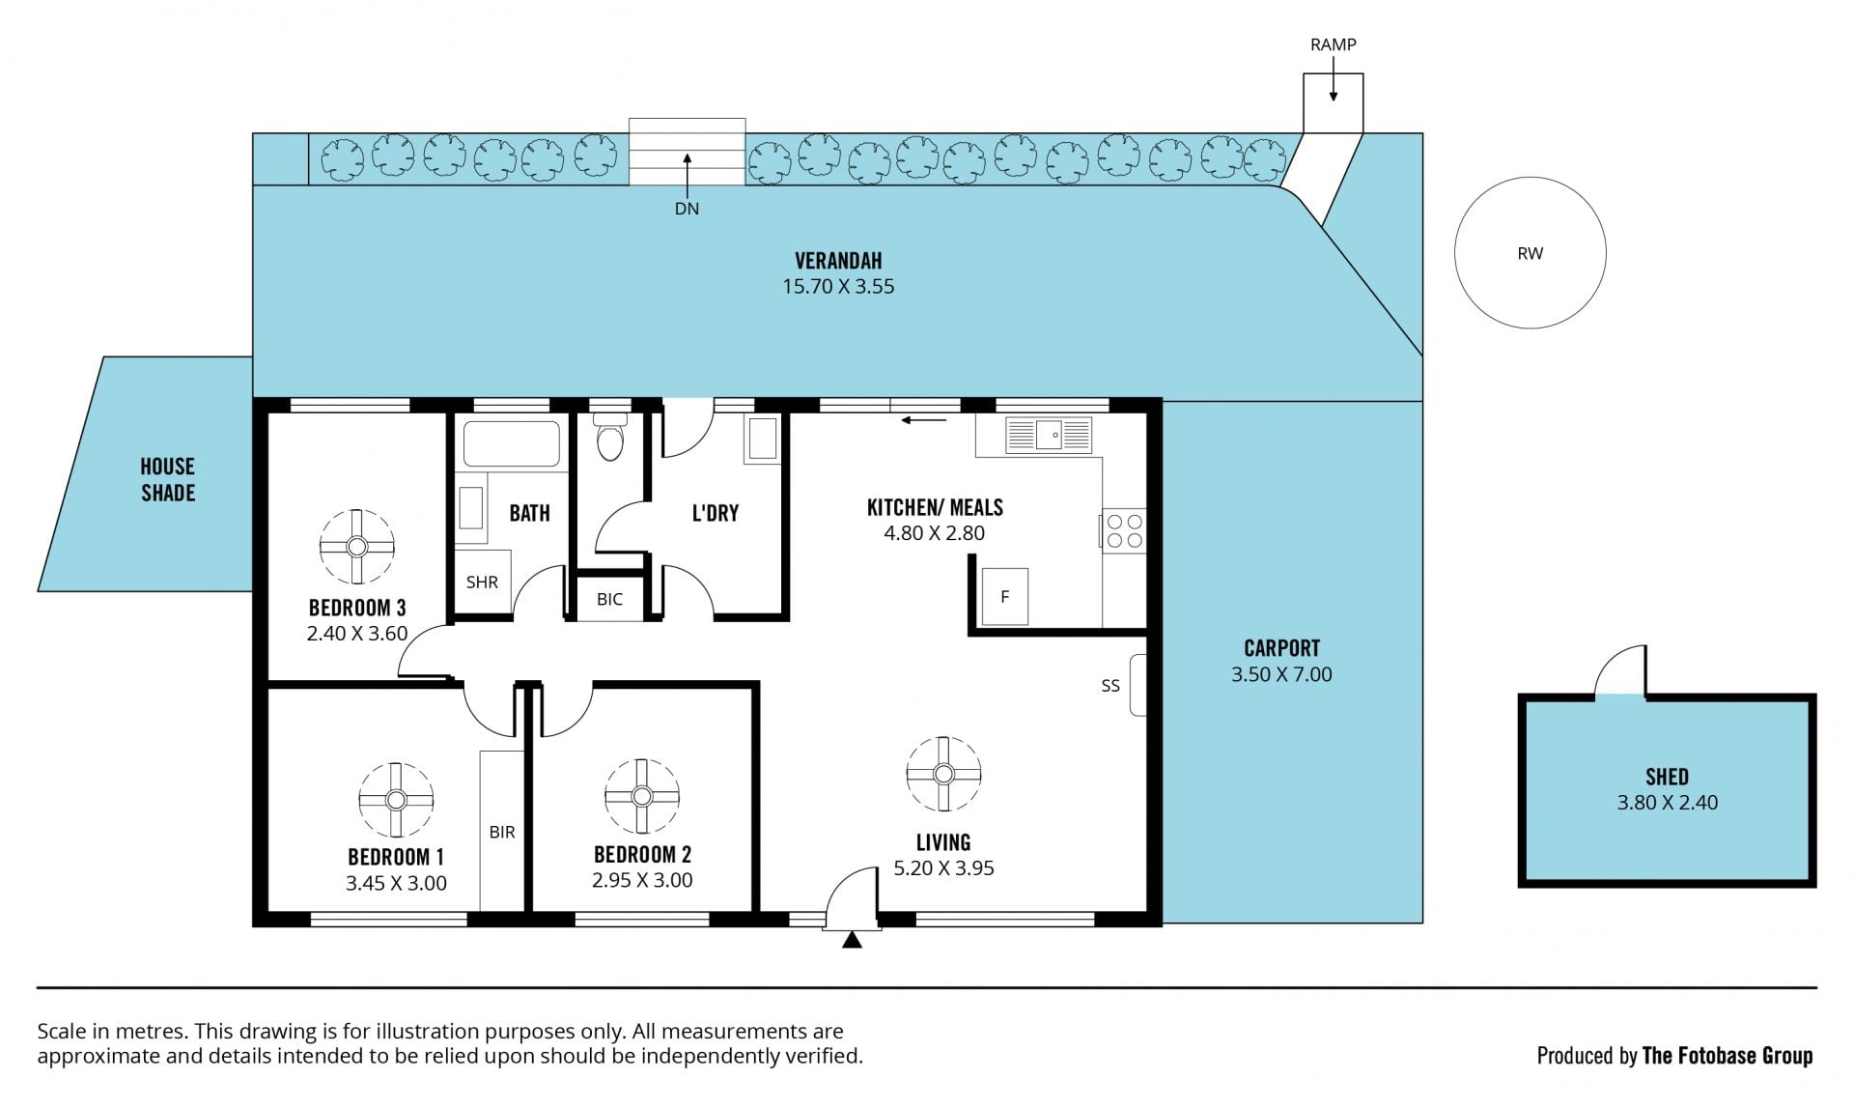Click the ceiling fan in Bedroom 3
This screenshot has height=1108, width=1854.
[x=357, y=547]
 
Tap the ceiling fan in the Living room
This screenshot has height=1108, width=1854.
[x=943, y=774]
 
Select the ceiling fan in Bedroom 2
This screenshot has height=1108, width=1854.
[x=642, y=796]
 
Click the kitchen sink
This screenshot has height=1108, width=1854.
[x=1048, y=435]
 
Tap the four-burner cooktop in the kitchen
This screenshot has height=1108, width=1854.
[x=1124, y=530]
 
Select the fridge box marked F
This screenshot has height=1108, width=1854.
[x=1005, y=597]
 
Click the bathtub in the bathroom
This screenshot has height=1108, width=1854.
[x=512, y=443]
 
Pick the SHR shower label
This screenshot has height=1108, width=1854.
[x=482, y=582]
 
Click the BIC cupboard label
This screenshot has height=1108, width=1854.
[x=609, y=599]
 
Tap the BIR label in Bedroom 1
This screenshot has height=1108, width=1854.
[x=502, y=832]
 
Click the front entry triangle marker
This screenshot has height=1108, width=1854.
[x=852, y=939]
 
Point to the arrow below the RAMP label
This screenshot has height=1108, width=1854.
[x=1334, y=79]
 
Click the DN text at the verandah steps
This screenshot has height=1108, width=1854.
[x=687, y=209]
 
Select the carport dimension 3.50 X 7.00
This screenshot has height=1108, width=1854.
[x=1281, y=674]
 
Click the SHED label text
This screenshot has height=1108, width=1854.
[x=1668, y=777]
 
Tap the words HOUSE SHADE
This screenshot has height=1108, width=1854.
[x=168, y=479]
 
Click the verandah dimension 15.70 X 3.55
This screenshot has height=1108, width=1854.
[x=838, y=286]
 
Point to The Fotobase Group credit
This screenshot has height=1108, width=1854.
[x=1728, y=1056]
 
